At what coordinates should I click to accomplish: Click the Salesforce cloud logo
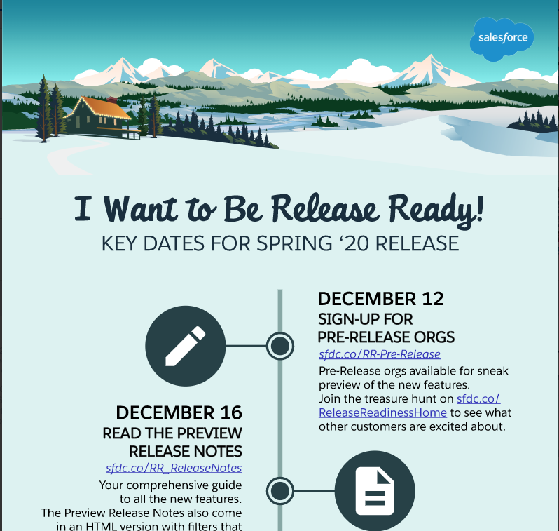[x=502, y=39]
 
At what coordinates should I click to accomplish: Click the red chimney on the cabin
[x=112, y=100]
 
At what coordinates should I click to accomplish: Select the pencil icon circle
[x=186, y=346]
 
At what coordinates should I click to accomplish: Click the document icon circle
[x=375, y=490]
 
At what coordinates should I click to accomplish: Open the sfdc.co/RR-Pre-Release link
[x=380, y=354]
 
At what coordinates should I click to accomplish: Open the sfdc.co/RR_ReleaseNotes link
[x=174, y=468]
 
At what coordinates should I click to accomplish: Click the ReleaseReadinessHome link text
[x=382, y=412]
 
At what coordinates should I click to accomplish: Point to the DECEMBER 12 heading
[x=381, y=299]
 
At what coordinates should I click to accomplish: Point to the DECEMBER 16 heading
[x=179, y=412]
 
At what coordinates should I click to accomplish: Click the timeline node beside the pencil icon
[x=280, y=346]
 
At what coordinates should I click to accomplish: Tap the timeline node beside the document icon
[x=280, y=491]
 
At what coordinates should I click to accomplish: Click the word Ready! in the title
[x=436, y=210]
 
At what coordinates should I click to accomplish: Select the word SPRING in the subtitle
[x=294, y=243]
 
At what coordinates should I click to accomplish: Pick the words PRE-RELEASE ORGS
[x=386, y=337]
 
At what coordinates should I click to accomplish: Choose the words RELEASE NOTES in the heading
[x=186, y=451]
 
